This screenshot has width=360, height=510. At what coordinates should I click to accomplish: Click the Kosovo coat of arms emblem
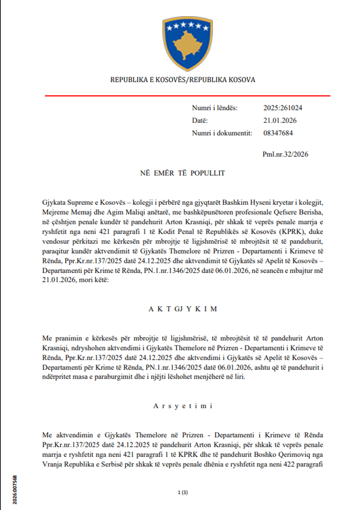pyautogui.click(x=187, y=43)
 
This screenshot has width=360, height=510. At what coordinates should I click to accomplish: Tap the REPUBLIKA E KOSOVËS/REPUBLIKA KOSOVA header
pyautogui.click(x=183, y=80)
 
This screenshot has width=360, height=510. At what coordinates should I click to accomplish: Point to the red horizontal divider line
pyautogui.click(x=187, y=96)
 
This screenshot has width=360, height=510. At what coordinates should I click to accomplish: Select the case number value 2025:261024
pyautogui.click(x=282, y=108)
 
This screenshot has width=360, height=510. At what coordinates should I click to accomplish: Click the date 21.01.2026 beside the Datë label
pyautogui.click(x=280, y=120)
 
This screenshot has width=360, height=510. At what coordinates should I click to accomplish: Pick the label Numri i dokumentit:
pyautogui.click(x=222, y=133)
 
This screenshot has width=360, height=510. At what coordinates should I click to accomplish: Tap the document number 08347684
pyautogui.click(x=278, y=133)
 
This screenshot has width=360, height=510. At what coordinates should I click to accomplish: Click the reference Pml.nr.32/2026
pyautogui.click(x=285, y=154)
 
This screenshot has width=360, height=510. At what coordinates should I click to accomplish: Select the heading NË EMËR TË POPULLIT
pyautogui.click(x=182, y=173)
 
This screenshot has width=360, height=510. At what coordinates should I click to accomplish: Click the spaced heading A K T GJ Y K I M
pyautogui.click(x=183, y=309)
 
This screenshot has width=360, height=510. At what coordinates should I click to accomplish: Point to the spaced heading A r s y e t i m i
pyautogui.click(x=183, y=406)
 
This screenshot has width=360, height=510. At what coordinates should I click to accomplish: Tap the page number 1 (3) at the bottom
pyautogui.click(x=183, y=492)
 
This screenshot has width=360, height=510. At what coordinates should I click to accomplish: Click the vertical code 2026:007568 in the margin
pyautogui.click(x=15, y=490)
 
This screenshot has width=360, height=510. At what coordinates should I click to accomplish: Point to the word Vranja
pyautogui.click(x=52, y=464)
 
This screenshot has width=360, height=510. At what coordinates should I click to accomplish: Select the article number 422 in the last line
pyautogui.click(x=287, y=464)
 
